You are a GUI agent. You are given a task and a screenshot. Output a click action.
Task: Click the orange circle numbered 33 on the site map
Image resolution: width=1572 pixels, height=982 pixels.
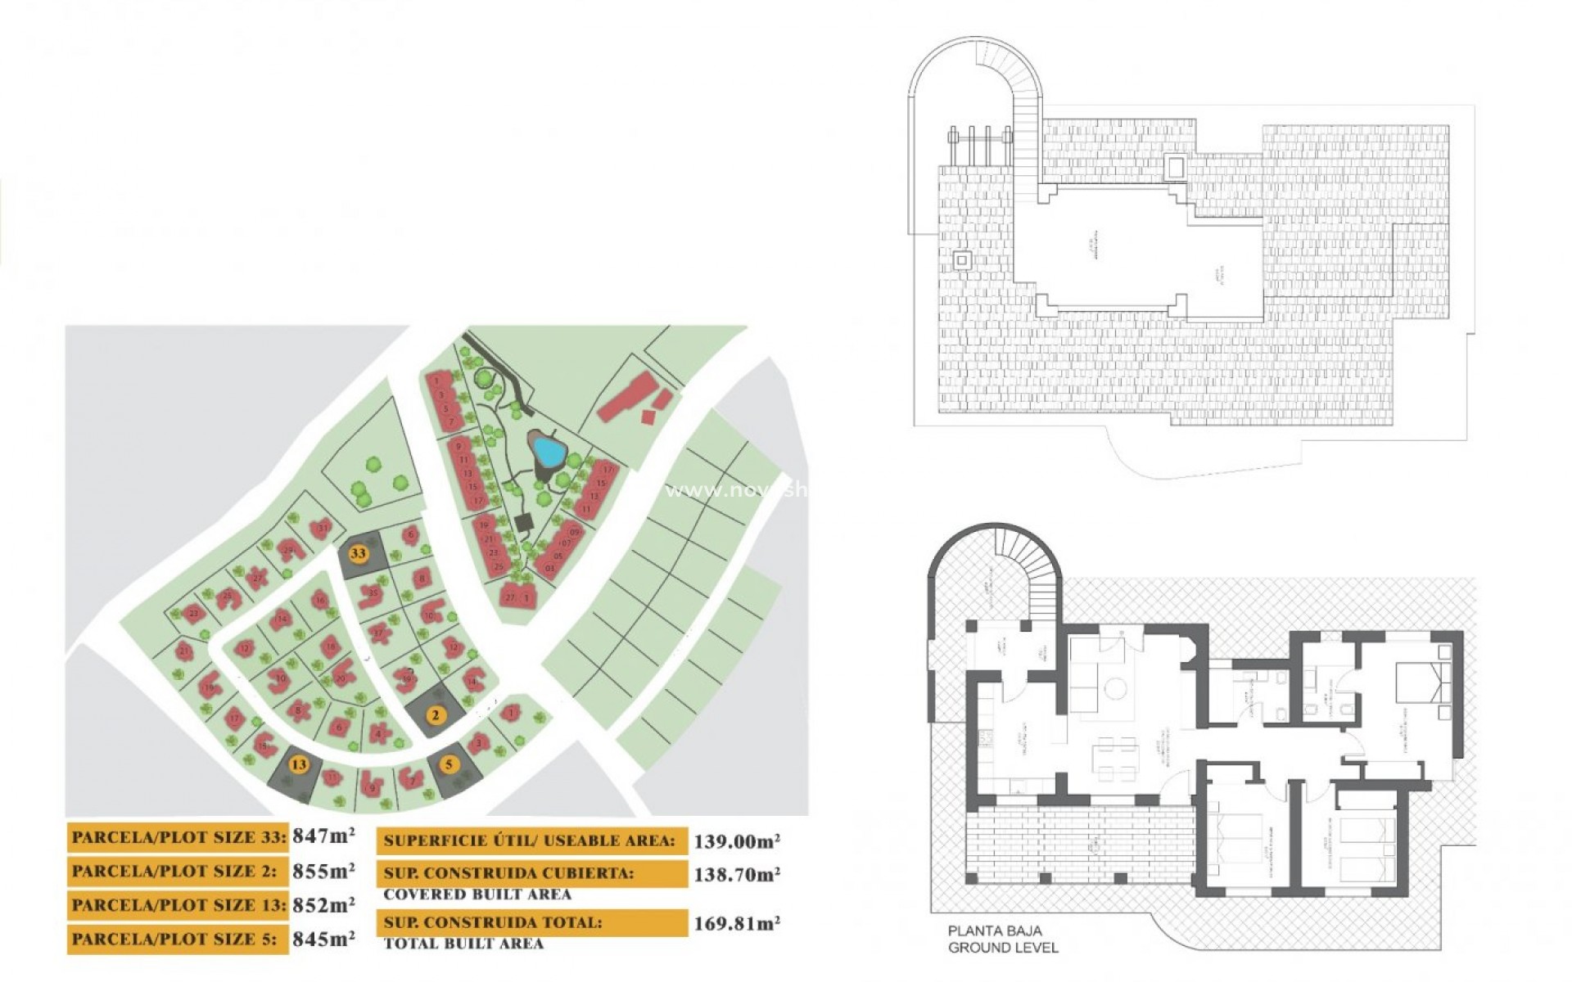[x=358, y=553]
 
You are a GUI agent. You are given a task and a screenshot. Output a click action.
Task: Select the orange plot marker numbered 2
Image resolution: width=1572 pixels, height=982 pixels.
[x=436, y=715]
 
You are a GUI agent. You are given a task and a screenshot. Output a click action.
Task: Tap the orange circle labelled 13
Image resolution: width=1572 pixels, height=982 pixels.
[x=299, y=764]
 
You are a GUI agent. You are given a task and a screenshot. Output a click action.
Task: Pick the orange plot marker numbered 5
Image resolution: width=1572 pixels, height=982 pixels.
[x=449, y=765]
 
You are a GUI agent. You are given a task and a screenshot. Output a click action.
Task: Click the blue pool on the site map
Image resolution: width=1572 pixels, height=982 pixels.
[x=546, y=449]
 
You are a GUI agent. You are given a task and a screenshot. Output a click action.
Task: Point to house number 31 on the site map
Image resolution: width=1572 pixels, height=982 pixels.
[x=323, y=527]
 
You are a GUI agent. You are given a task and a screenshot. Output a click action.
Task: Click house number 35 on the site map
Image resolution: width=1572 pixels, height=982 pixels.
[x=373, y=592]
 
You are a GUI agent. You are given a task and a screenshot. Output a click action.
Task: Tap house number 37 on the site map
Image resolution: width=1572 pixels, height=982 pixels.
[x=378, y=633]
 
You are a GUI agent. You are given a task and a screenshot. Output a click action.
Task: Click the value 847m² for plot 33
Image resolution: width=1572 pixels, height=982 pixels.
[x=323, y=836]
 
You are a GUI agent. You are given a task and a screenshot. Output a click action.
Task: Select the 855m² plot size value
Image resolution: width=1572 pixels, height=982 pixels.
[x=323, y=871]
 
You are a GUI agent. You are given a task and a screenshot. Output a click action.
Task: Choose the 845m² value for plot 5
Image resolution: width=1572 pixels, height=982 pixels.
[x=323, y=939]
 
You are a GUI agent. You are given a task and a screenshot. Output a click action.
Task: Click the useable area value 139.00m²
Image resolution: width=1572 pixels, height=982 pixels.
[x=736, y=840]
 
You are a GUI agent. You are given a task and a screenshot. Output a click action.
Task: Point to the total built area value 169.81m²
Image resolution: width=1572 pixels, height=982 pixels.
[x=736, y=924]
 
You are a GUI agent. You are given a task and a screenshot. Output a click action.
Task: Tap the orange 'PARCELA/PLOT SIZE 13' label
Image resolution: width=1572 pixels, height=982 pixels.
[x=178, y=905]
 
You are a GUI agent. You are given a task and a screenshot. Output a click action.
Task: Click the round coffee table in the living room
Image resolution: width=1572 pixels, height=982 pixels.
[x=1114, y=689]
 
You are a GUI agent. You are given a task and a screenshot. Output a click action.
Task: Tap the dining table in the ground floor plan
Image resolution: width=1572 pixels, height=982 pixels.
[x=1117, y=759]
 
